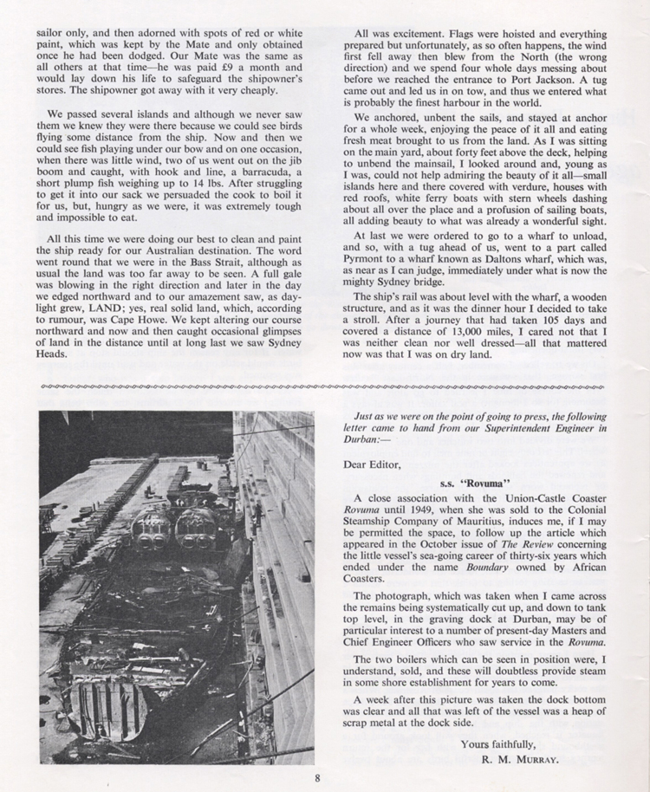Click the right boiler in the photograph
(x=197, y=528)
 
